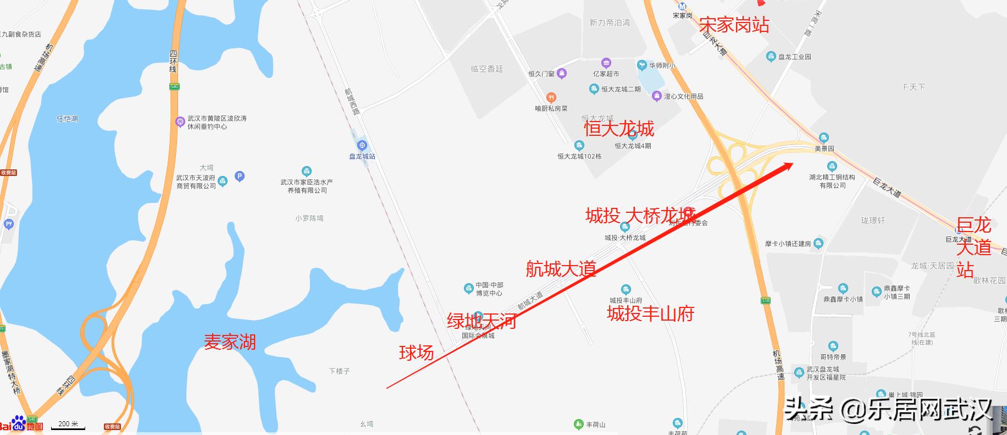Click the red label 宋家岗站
(734, 25)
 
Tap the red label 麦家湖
(230, 342)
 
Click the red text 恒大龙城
(619, 129)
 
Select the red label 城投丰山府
(650, 313)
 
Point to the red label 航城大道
(561, 269)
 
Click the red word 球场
(416, 353)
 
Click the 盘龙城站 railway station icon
(362, 146)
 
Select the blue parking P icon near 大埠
(239, 177)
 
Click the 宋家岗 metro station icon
(682, 6)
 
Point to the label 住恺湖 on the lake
(68, 118)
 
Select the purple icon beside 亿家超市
(606, 63)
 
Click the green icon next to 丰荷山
(578, 424)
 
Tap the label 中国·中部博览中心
(489, 289)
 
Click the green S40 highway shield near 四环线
(174, 86)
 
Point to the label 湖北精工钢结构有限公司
(832, 181)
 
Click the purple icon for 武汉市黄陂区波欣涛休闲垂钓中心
(180, 122)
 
